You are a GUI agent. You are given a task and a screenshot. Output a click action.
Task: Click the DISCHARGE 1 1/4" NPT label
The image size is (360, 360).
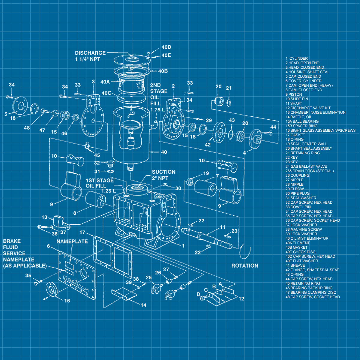tap(90, 56)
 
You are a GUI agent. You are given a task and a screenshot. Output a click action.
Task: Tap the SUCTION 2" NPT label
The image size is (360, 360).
tap(163, 175)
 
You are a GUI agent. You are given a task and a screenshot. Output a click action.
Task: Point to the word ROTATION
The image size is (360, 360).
tap(244, 266)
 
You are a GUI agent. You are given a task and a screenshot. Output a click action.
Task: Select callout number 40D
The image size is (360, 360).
tap(166, 47)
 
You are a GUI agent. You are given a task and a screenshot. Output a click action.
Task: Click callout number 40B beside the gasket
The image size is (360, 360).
tap(163, 71)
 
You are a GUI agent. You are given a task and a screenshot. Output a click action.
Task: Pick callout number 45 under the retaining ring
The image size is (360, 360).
tap(97, 155)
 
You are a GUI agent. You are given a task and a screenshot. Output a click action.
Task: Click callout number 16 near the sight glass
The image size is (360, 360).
tap(67, 301)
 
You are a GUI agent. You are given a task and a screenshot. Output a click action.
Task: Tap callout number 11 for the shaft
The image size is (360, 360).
tap(222, 227)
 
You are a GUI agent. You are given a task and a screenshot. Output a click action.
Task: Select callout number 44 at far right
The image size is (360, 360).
tap(273, 127)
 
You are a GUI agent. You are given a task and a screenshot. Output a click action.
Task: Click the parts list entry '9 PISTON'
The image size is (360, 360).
tap(294, 94)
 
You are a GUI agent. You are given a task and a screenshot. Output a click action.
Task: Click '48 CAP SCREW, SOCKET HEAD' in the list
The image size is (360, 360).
tap(313, 297)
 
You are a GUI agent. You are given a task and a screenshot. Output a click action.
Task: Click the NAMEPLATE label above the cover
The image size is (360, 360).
tap(72, 241)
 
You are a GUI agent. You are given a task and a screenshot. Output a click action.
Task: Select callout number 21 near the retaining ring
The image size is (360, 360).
tap(229, 88)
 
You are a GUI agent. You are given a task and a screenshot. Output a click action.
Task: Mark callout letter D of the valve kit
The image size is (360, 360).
tap(198, 294)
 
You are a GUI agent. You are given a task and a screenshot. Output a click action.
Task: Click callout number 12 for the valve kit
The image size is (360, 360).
tap(241, 298)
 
